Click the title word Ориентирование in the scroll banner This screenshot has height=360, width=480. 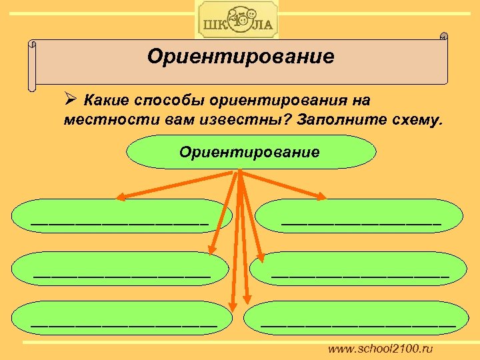[241, 57]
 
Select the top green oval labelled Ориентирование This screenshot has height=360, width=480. [249, 152]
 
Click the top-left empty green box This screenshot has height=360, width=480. [120, 215]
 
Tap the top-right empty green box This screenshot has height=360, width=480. [361, 215]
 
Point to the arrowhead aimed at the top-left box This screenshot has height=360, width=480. [121, 197]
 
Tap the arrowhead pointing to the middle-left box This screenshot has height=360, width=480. [212, 251]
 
